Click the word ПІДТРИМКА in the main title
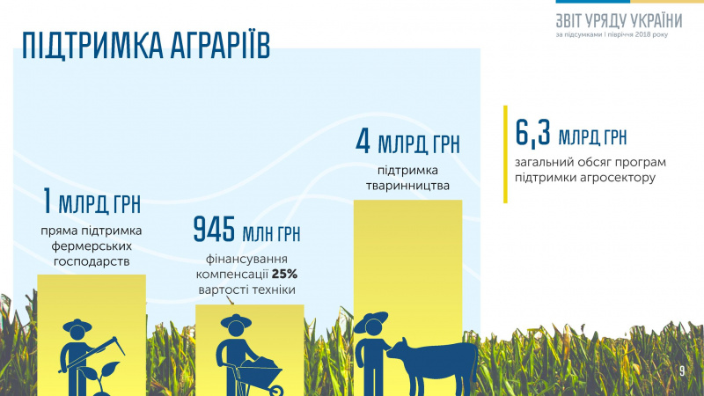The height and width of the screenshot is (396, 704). click(84, 46)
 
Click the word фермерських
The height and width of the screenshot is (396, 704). click(91, 247)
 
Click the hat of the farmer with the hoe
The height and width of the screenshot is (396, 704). click(77, 326)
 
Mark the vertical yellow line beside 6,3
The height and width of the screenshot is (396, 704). click(505, 154)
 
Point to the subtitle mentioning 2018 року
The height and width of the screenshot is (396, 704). click(620, 34)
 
